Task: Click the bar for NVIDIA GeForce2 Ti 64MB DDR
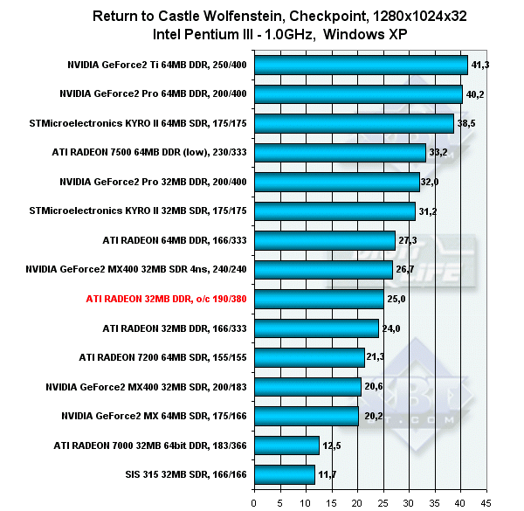361,65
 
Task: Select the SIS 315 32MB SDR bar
284,474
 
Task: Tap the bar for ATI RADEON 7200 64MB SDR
308,357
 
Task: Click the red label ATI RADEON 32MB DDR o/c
167,299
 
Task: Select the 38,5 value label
467,123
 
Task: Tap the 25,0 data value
397,299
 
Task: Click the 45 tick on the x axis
487,501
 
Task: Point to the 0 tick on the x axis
253,501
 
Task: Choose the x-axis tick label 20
357,501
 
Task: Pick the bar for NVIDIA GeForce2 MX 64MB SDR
306,416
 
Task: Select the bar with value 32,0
336,182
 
